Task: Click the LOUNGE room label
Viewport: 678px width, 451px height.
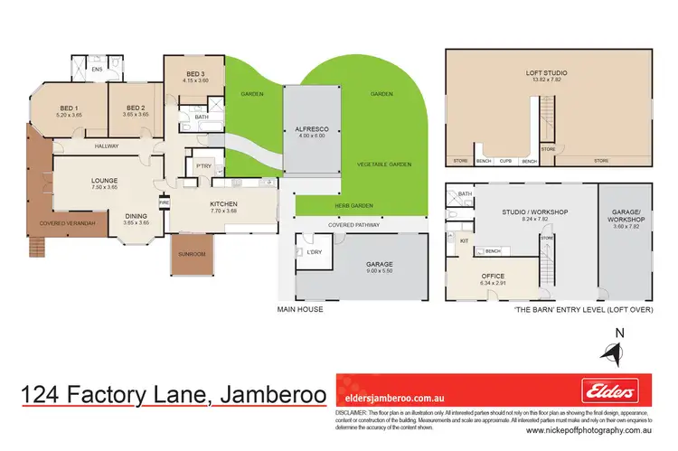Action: click(105, 181)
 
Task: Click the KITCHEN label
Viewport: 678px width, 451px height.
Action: click(222, 204)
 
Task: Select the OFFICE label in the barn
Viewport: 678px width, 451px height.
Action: click(494, 276)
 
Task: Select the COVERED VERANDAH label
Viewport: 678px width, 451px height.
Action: click(69, 223)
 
